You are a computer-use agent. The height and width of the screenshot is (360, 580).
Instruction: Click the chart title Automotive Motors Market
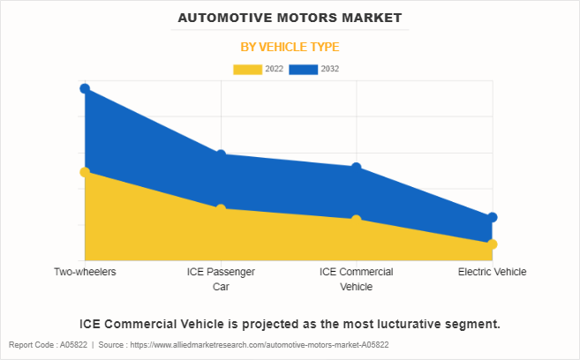tap(290, 17)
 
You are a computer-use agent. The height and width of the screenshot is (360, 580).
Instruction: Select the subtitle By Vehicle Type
tap(290, 47)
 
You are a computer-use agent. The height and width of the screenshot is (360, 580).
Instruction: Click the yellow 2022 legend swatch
tap(247, 69)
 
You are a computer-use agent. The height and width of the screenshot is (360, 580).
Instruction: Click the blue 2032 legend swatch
tap(304, 69)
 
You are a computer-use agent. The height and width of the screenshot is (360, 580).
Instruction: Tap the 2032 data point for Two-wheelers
tap(85, 88)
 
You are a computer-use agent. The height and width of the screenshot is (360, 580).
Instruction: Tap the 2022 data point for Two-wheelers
tap(85, 172)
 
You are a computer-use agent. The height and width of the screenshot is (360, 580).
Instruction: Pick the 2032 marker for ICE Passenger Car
tap(221, 155)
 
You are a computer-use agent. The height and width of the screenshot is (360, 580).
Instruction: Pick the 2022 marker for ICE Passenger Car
tap(221, 209)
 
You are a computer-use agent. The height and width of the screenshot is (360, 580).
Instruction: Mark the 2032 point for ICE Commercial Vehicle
tap(356, 168)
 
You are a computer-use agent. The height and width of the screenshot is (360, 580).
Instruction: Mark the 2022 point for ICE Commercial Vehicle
tap(356, 220)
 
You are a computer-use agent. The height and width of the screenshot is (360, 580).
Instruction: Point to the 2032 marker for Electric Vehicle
tap(492, 217)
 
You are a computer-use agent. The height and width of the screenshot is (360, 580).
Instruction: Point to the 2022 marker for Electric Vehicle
tap(492, 244)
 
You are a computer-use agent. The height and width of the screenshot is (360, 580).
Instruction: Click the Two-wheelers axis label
tap(85, 272)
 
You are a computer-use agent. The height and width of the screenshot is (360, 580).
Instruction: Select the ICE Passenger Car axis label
tap(221, 279)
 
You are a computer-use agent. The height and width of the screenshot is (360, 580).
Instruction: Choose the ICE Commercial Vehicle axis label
tap(356, 279)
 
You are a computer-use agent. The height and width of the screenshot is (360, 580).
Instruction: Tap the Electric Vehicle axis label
tap(492, 272)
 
